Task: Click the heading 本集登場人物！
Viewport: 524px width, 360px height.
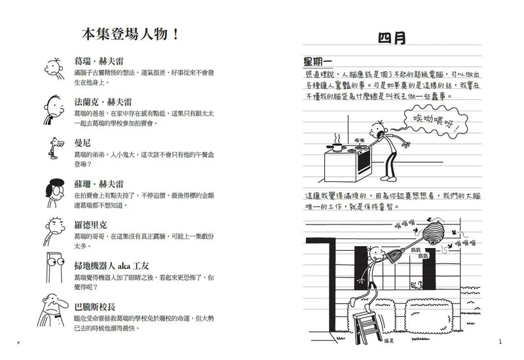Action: (128, 34)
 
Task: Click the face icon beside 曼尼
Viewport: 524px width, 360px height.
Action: (56, 145)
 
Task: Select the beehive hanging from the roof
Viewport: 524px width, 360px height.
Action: (436, 233)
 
